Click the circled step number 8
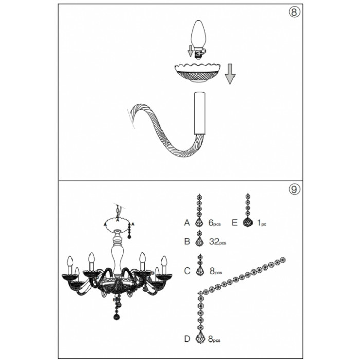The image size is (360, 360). [x=294, y=12]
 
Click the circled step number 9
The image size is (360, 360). [x=294, y=189]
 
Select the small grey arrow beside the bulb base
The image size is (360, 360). [x=190, y=51]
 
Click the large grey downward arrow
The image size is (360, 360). [x=230, y=74]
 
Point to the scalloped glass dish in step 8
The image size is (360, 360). [x=197, y=73]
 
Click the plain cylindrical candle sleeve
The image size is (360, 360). [x=200, y=113]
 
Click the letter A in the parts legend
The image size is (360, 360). [x=187, y=223]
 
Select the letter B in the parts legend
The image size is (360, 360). [x=187, y=241]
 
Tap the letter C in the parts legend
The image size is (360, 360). [x=187, y=271]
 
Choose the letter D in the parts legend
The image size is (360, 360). [x=187, y=339]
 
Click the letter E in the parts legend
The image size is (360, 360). [x=235, y=223]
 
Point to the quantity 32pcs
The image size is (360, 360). [x=218, y=242]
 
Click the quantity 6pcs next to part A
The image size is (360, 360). [x=214, y=223]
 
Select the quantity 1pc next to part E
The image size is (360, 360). [x=261, y=223]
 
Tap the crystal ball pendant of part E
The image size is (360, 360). [x=248, y=222]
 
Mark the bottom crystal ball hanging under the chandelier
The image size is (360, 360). [x=117, y=317]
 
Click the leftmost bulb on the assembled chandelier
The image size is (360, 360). [x=70, y=262]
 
